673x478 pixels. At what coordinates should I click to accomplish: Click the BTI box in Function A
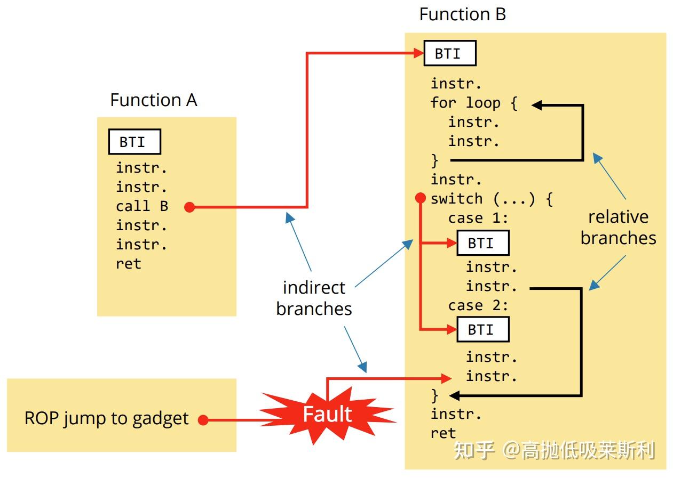(x=134, y=142)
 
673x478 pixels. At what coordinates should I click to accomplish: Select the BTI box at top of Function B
(x=449, y=54)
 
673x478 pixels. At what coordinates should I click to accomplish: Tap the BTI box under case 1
(x=482, y=243)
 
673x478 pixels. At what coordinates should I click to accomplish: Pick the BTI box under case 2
(x=482, y=329)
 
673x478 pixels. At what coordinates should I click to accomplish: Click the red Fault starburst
(x=327, y=415)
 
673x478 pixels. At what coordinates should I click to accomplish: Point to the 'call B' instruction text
(x=142, y=206)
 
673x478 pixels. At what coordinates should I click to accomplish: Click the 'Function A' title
(x=153, y=100)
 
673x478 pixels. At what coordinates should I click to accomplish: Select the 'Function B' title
(x=462, y=14)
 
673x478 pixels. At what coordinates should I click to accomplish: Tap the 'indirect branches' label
(x=314, y=298)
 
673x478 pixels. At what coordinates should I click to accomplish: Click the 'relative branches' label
(x=618, y=228)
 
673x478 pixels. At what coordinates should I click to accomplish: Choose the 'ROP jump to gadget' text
(x=106, y=418)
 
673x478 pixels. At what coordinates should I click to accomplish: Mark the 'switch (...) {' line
(x=492, y=199)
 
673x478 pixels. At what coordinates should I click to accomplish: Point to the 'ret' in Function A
(x=128, y=264)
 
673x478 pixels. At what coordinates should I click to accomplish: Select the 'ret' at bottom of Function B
(x=443, y=433)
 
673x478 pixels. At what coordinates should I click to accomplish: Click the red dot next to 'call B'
(x=189, y=207)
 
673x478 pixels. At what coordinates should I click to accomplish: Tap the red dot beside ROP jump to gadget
(x=203, y=420)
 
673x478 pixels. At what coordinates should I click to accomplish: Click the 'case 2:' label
(x=478, y=306)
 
